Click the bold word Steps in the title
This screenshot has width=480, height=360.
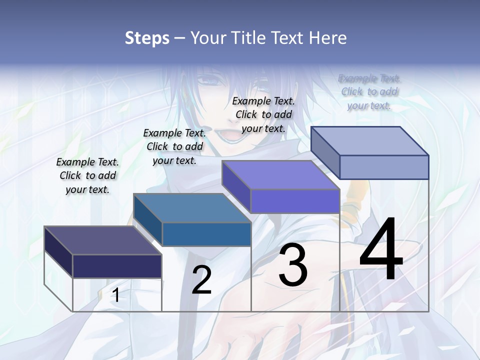(x=147, y=38)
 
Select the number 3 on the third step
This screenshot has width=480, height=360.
(x=293, y=265)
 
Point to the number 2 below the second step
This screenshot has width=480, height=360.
(x=202, y=280)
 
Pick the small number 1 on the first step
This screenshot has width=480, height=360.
(x=116, y=295)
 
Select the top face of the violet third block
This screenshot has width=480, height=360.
(x=280, y=175)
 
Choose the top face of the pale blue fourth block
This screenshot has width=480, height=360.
(x=369, y=141)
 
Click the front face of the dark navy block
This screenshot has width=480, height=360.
(x=117, y=266)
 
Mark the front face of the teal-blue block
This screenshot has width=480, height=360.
(x=206, y=234)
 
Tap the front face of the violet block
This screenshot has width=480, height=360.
(x=295, y=201)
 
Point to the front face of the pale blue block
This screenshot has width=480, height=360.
(x=384, y=167)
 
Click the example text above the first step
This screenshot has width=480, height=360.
(x=88, y=175)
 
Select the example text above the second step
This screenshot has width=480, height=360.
(x=175, y=146)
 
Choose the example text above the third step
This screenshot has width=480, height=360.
(x=264, y=114)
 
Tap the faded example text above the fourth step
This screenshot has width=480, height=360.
(x=369, y=91)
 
